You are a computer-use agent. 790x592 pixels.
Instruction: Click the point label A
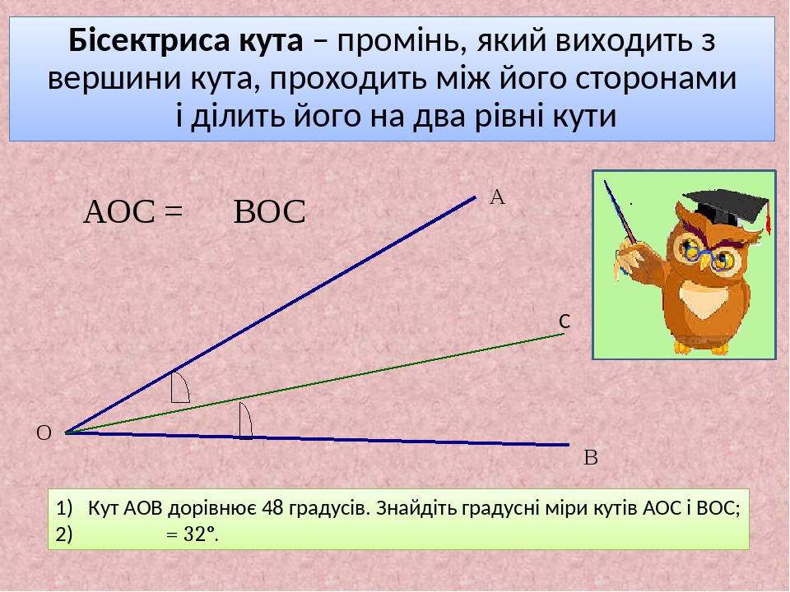[496, 197]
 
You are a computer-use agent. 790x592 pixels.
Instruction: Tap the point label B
[590, 457]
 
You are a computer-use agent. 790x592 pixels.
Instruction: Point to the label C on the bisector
[565, 322]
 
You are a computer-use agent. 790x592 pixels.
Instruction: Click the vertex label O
[44, 432]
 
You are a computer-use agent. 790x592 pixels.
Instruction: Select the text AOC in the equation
[119, 213]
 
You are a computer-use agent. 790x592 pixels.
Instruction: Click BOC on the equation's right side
[270, 213]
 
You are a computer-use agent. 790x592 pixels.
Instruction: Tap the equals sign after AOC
[172, 213]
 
